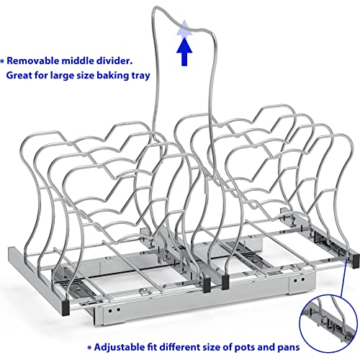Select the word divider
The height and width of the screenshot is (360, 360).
(x=114, y=61)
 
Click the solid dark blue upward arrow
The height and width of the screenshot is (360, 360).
(x=184, y=51)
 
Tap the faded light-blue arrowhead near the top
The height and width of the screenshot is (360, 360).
(x=184, y=28)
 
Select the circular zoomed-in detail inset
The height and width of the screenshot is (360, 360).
(x=329, y=323)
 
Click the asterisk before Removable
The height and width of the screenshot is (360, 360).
(x=2, y=61)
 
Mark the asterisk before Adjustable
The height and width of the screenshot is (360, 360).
(x=89, y=348)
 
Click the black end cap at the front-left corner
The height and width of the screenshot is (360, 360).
(x=66, y=308)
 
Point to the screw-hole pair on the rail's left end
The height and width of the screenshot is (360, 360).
(x=114, y=310)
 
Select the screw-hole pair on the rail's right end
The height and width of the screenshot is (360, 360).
(x=299, y=280)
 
